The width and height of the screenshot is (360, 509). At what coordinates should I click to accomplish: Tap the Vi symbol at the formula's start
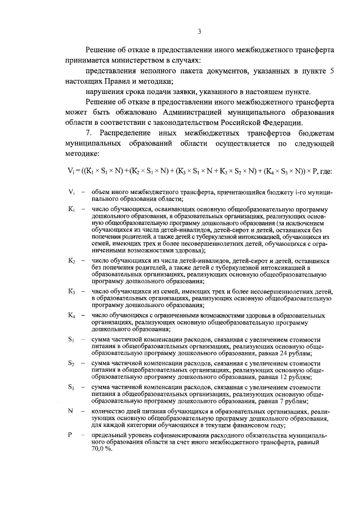(x=70, y=170)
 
